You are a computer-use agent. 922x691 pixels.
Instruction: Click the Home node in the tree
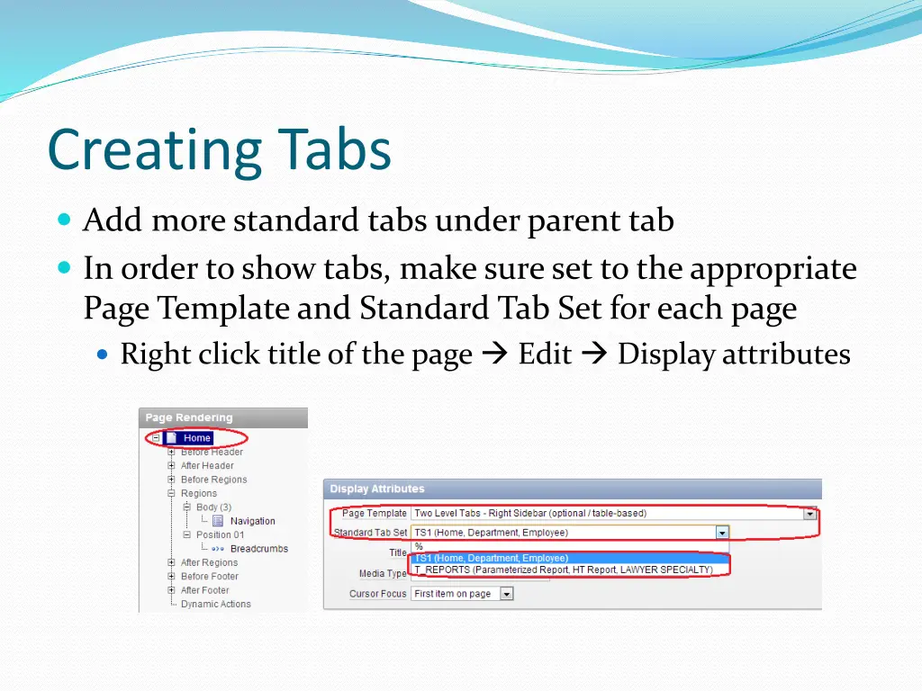(196, 438)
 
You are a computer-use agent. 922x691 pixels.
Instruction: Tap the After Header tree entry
(207, 466)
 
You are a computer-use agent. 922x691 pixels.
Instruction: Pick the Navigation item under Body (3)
(252, 521)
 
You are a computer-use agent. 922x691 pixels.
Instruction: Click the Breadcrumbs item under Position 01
(258, 549)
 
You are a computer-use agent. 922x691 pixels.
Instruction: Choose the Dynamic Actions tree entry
(215, 605)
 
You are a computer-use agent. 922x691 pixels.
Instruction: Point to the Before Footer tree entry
(210, 577)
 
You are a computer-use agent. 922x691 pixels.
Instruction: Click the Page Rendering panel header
(189, 417)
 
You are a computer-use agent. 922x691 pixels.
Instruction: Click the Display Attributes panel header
(377, 489)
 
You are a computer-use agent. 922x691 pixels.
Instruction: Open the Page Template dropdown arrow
(810, 515)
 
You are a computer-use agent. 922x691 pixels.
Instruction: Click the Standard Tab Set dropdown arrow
(721, 533)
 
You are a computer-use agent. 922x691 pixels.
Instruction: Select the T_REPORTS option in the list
(563, 570)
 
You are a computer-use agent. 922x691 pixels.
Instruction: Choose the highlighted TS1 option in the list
(491, 558)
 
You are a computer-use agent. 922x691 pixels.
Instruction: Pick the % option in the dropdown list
(419, 546)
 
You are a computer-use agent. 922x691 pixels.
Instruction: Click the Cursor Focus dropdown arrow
(506, 594)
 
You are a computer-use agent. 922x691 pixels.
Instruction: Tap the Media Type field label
(384, 574)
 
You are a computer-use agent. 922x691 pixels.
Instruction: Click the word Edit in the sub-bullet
(545, 354)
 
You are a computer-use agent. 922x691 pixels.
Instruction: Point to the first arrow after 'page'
(495, 354)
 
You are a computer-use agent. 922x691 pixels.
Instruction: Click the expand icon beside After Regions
(171, 563)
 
